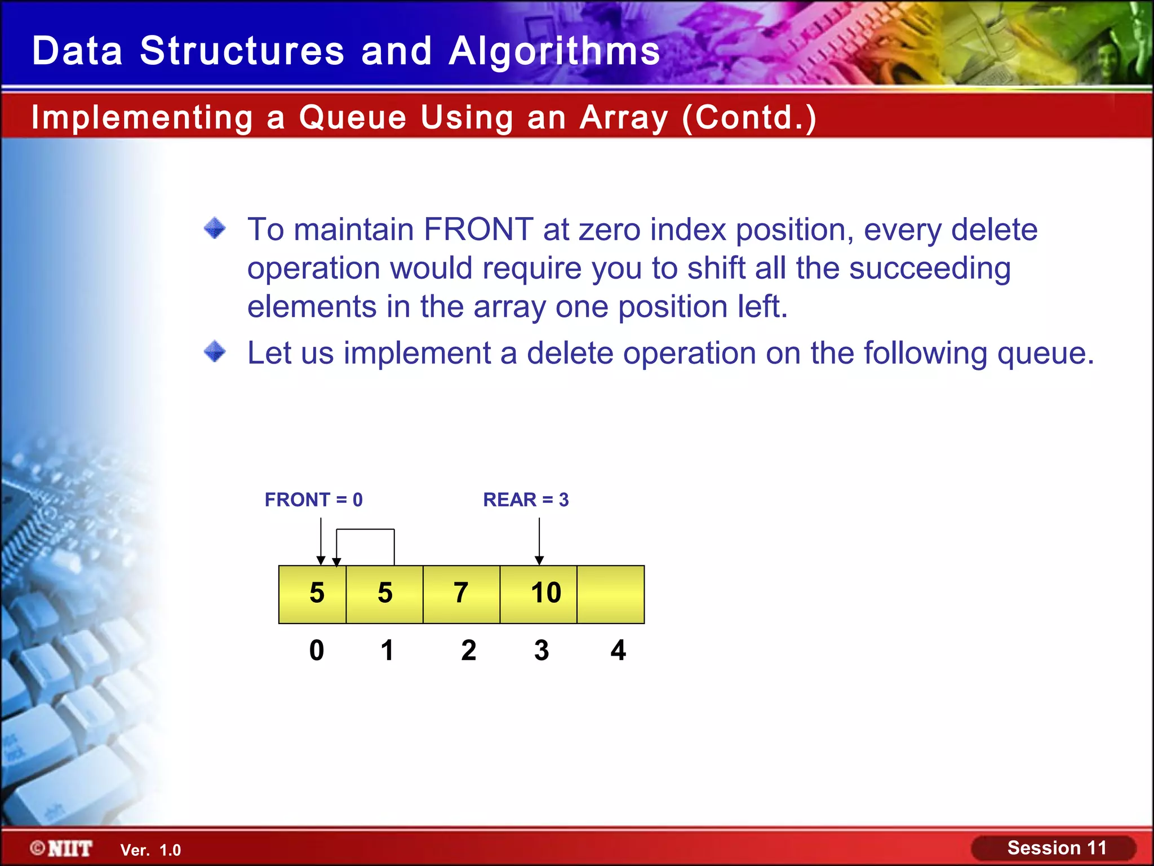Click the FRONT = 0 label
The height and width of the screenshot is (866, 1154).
click(x=313, y=500)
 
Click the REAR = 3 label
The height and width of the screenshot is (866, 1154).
click(x=526, y=500)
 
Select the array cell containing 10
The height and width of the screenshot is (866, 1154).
click(x=539, y=594)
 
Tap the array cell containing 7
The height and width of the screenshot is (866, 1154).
click(x=461, y=594)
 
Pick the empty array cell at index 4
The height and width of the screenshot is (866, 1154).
click(x=611, y=594)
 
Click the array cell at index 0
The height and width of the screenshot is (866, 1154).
click(x=313, y=594)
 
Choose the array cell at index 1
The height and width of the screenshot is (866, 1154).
click(x=385, y=594)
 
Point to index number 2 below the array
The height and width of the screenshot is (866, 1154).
click(x=468, y=650)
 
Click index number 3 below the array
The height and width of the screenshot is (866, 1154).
click(x=542, y=650)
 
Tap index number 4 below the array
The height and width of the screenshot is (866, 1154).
click(x=618, y=650)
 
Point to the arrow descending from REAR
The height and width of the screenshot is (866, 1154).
click(x=539, y=541)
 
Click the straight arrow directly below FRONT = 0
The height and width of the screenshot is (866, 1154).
click(x=321, y=541)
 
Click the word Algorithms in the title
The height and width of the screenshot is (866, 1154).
click(x=554, y=51)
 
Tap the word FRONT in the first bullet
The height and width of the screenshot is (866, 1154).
click(x=478, y=229)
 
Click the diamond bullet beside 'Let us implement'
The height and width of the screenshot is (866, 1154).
click(x=215, y=352)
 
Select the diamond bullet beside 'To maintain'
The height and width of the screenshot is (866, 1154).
click(x=215, y=228)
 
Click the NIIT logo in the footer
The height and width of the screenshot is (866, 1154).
click(x=62, y=849)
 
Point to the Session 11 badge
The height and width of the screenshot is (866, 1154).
click(x=1054, y=848)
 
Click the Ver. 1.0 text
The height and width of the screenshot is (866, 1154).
click(x=150, y=850)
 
